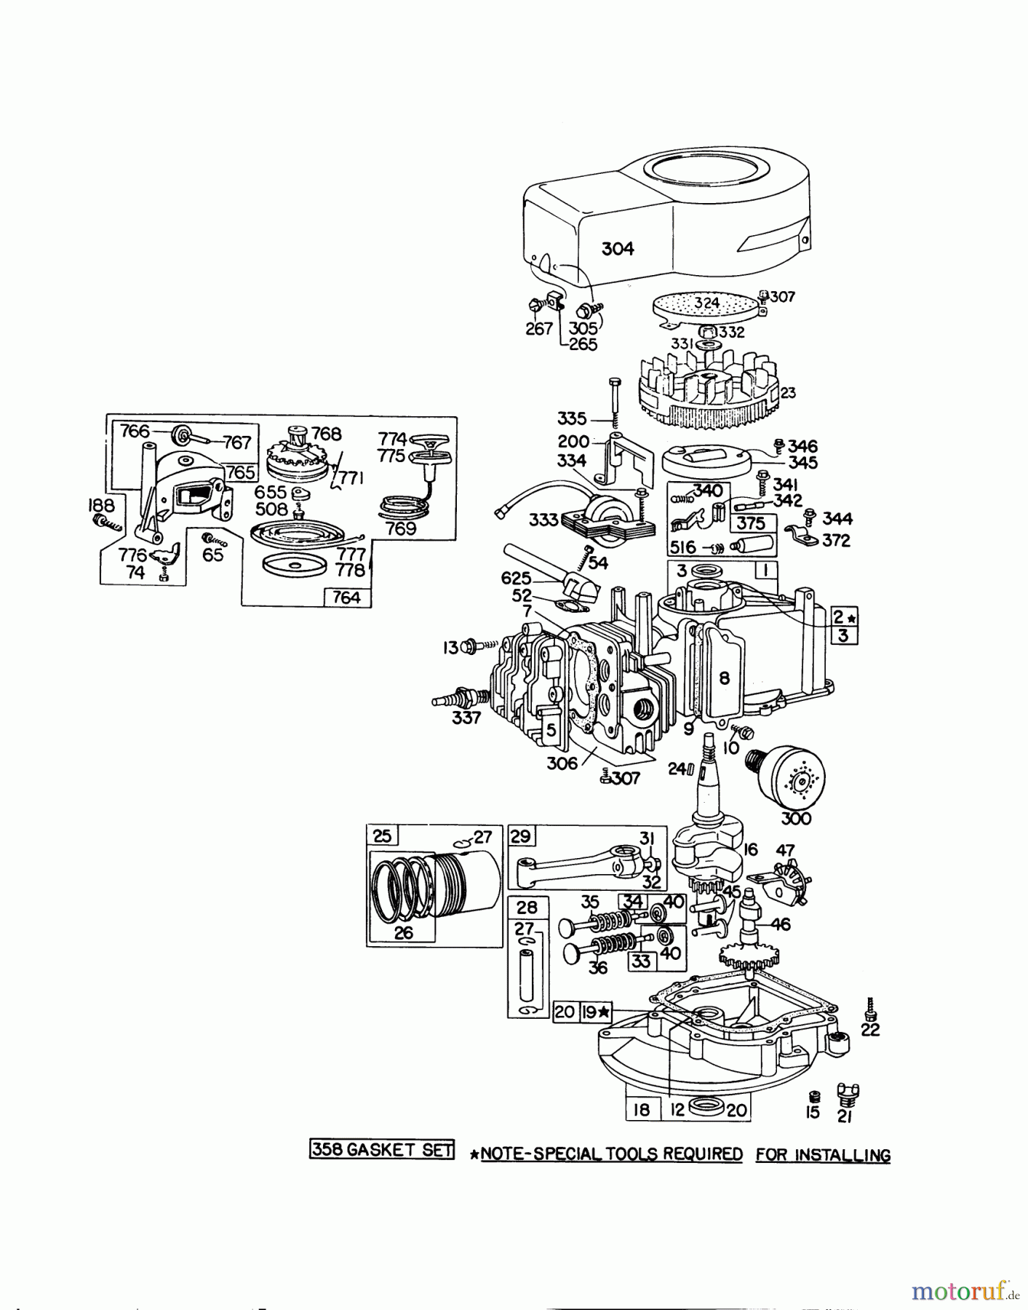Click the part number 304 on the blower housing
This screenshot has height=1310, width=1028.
coord(618,249)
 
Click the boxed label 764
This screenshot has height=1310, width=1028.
coord(346,598)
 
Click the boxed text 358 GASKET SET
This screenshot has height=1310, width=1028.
coord(382,1149)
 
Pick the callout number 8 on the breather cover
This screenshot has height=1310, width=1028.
coord(724,678)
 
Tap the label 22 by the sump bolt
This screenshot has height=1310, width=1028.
coord(870,1030)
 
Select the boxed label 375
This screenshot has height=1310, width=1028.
coord(750,523)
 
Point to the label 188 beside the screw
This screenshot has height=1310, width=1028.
coord(101,506)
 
